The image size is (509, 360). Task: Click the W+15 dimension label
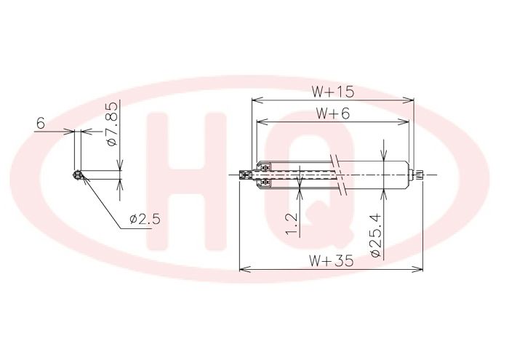click(333, 92)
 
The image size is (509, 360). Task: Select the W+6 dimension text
click(333, 113)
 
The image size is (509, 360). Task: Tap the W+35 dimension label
click(331, 260)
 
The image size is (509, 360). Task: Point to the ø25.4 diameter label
click(376, 236)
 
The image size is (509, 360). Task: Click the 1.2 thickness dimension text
click(292, 224)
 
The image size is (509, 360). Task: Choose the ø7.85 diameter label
click(111, 124)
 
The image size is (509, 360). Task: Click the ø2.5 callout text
click(145, 219)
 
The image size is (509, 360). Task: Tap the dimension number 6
click(41, 124)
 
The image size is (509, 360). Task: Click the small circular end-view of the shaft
click(77, 175)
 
